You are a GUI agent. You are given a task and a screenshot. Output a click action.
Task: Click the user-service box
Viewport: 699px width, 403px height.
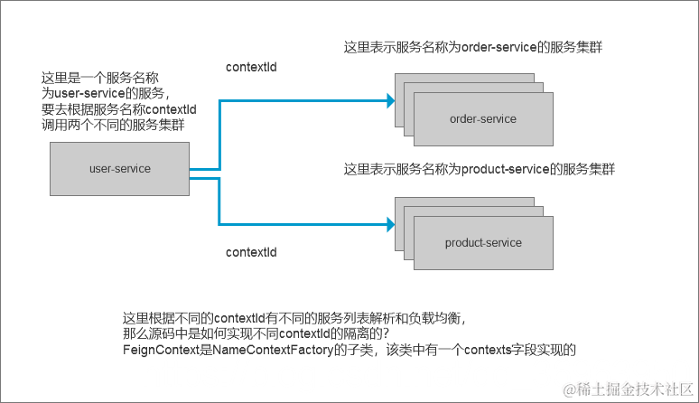119,169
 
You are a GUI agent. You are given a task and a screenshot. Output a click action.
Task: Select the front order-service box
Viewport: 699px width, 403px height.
482,119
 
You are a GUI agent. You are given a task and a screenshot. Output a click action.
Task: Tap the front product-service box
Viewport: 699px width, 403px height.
482,243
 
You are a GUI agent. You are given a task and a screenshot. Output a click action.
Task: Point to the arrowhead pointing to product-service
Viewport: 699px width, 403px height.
390,223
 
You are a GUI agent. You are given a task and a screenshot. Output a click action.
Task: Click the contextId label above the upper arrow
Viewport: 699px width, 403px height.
250,68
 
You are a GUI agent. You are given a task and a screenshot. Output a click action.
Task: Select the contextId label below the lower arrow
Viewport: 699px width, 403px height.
250,252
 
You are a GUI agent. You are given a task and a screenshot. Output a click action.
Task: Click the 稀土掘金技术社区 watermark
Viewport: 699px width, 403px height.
627,389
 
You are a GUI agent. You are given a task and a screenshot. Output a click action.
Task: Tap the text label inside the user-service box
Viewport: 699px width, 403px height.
119,169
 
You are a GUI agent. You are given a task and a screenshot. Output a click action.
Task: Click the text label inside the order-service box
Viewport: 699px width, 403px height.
482,119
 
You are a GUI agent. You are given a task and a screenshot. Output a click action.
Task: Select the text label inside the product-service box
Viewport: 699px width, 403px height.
482,243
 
